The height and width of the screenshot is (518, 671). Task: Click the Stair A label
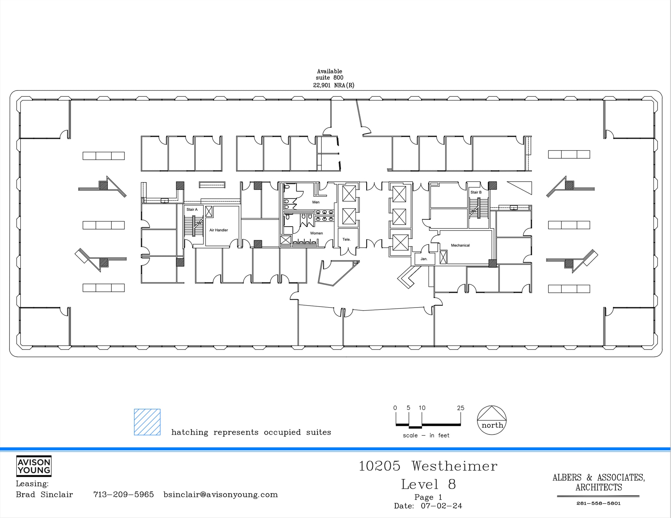(x=192, y=209)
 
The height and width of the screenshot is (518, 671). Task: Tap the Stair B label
(x=476, y=192)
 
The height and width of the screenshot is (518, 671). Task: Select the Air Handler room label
(x=219, y=230)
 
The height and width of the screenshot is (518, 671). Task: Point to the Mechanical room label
(x=460, y=245)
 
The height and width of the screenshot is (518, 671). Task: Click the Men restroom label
(x=316, y=202)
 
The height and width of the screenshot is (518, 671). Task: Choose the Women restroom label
(x=316, y=233)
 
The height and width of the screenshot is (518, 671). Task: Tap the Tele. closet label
(x=346, y=240)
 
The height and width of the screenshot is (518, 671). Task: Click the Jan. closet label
(x=424, y=259)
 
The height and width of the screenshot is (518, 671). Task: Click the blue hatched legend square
(x=147, y=422)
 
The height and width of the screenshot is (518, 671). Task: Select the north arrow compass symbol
(x=491, y=420)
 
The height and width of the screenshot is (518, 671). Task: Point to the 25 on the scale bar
(x=460, y=408)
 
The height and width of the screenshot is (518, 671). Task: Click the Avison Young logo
(x=34, y=466)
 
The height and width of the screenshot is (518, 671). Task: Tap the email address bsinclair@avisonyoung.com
(x=220, y=494)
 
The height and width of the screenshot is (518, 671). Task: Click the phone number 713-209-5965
(x=124, y=494)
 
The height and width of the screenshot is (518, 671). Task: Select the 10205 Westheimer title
(x=428, y=466)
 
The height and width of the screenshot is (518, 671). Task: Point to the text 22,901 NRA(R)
(x=334, y=85)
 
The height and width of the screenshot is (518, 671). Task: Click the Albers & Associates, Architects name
(x=598, y=482)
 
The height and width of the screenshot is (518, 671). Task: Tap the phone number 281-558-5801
(x=598, y=503)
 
